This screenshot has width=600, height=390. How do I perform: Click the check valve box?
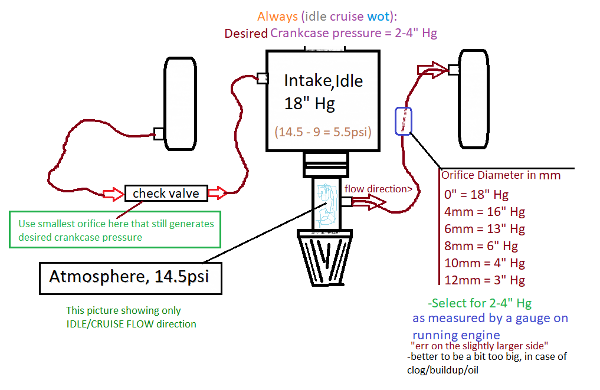click(x=166, y=194)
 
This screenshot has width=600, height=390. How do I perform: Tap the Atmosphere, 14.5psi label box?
click(x=130, y=277)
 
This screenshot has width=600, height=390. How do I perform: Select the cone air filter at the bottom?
click(x=327, y=258)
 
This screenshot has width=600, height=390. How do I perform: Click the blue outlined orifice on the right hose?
click(x=404, y=122)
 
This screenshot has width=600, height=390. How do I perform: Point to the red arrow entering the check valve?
click(x=113, y=194)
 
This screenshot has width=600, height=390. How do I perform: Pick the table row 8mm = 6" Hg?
click(x=481, y=246)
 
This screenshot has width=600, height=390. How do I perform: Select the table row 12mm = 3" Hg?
click(x=484, y=280)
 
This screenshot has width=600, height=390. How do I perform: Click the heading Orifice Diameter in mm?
click(x=501, y=175)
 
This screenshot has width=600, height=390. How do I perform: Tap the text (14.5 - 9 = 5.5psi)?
click(x=323, y=132)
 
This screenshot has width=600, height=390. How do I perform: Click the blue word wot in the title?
click(x=378, y=17)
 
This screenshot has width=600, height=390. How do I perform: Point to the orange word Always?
click(x=277, y=17)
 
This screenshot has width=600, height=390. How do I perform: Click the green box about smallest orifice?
click(x=116, y=230)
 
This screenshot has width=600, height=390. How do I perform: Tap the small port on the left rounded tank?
click(x=158, y=133)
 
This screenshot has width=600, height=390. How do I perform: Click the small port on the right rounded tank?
click(x=453, y=70)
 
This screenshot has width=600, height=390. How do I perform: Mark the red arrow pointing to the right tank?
click(x=431, y=69)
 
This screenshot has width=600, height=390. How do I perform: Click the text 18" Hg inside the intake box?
click(x=310, y=104)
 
